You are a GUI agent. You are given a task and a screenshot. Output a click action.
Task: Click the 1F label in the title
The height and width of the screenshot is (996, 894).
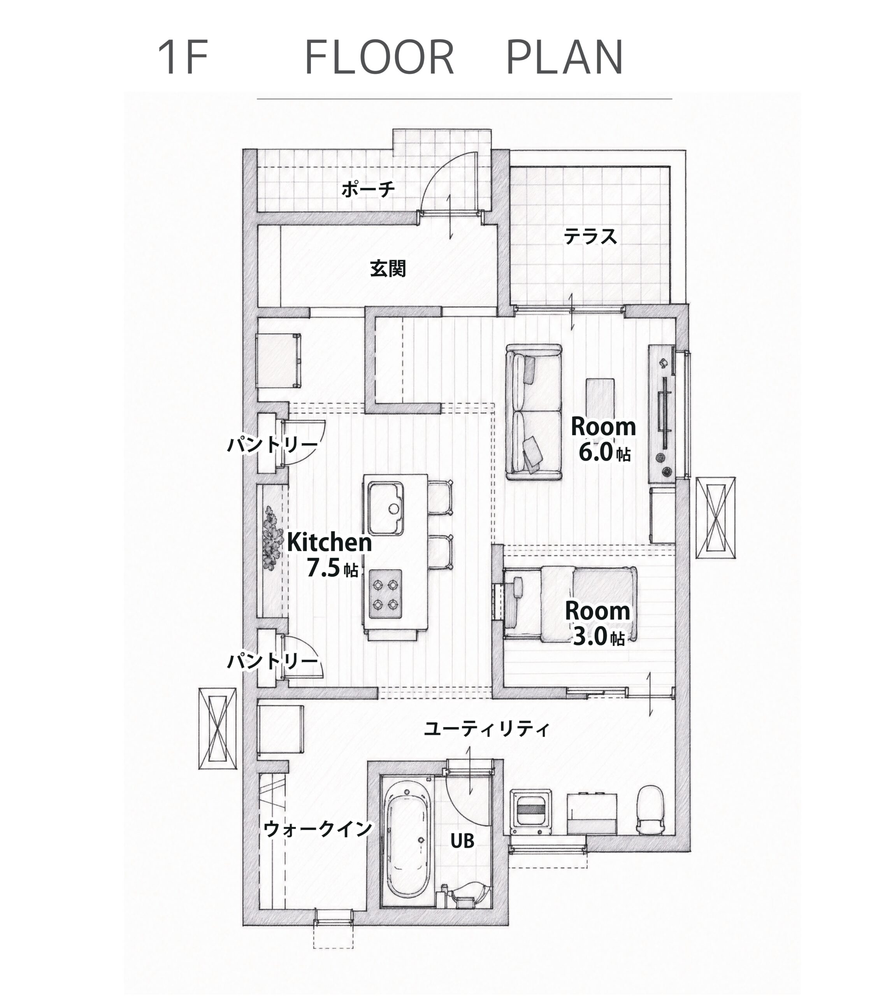[183, 58]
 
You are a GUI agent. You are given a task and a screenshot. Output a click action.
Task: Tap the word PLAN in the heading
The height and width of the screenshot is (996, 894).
[565, 58]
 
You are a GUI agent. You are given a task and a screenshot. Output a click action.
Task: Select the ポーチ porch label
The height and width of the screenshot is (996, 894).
[368, 189]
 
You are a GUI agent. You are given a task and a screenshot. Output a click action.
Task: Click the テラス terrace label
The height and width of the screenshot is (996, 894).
[590, 236]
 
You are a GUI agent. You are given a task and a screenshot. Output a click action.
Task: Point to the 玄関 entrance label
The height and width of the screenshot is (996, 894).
[388, 268]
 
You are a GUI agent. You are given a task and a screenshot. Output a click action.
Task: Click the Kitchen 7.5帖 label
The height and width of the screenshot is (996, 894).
[330, 554]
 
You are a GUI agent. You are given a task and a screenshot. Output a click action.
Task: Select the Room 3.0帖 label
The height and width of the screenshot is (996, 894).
[597, 623]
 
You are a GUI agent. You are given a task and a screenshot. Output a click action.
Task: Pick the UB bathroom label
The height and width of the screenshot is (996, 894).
[462, 841]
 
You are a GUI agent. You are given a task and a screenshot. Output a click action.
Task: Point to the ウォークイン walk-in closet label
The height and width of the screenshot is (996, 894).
[318, 829]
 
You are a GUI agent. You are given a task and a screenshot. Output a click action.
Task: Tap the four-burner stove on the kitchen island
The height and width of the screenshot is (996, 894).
[386, 594]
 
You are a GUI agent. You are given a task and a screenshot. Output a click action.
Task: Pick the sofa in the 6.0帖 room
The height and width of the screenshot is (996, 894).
[534, 412]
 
